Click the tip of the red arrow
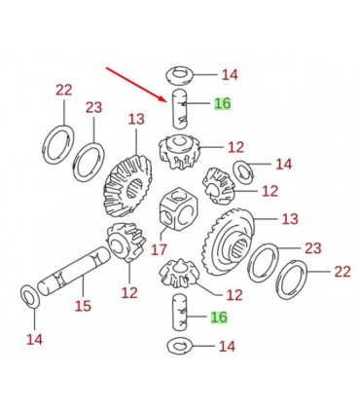click(166, 101)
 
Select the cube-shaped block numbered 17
click(178, 208)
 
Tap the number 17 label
click(159, 250)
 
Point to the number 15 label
click(83, 306)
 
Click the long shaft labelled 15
click(74, 271)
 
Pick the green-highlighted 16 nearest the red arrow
click(223, 103)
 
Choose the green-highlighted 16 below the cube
click(219, 317)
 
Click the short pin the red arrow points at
click(180, 109)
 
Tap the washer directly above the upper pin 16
click(180, 75)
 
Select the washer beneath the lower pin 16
click(180, 346)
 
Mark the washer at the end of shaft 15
click(30, 296)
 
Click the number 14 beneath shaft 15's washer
click(34, 340)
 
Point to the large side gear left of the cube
click(127, 186)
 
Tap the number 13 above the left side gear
click(136, 119)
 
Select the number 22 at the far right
click(342, 272)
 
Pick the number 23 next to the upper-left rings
click(94, 107)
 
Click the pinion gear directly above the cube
click(179, 152)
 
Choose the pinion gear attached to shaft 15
click(126, 242)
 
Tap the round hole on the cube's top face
click(177, 196)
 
